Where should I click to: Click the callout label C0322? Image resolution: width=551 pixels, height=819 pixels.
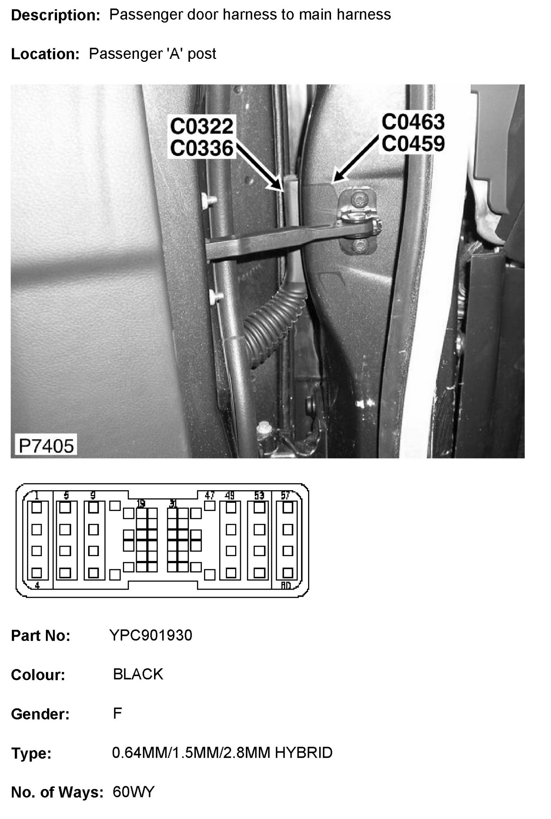click(x=202, y=126)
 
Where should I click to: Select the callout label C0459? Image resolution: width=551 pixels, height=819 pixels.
click(x=413, y=143)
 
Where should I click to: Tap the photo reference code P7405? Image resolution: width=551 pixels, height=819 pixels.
click(x=46, y=446)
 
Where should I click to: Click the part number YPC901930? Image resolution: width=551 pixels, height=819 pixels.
click(x=151, y=635)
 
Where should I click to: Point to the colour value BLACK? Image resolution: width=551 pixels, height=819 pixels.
click(x=138, y=674)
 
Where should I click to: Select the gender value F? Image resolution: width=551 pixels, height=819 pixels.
click(x=118, y=713)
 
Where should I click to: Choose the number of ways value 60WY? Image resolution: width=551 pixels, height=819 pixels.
click(x=134, y=792)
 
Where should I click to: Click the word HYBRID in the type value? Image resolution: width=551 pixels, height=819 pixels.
click(x=304, y=753)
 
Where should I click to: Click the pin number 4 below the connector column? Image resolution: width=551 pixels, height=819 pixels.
click(x=37, y=586)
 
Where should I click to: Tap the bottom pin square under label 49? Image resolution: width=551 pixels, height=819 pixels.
click(x=231, y=572)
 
